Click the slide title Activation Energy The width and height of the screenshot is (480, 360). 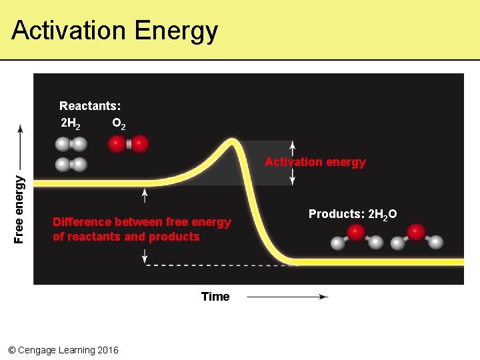click(115, 31)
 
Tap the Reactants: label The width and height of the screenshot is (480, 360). click(90, 105)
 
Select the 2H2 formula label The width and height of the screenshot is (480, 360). click(71, 123)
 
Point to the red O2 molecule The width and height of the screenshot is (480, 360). click(128, 143)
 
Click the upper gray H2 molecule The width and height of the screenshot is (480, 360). click(71, 143)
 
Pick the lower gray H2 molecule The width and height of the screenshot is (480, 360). click(71, 164)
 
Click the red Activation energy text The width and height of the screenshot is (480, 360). click(315, 162)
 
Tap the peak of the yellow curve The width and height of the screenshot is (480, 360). click(233, 142)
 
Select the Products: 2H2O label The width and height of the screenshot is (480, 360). click(353, 213)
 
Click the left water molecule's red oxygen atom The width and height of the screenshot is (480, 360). click(356, 232)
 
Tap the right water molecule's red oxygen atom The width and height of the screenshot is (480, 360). click(416, 232)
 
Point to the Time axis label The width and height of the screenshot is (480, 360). click(215, 297)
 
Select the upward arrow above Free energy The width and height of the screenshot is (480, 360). click(20, 143)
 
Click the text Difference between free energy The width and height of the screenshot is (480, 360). click(141, 222)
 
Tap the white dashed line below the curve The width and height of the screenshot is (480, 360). click(220, 265)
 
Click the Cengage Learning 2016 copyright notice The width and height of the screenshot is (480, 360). click(63, 350)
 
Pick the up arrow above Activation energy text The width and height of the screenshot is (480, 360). click(292, 147)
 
